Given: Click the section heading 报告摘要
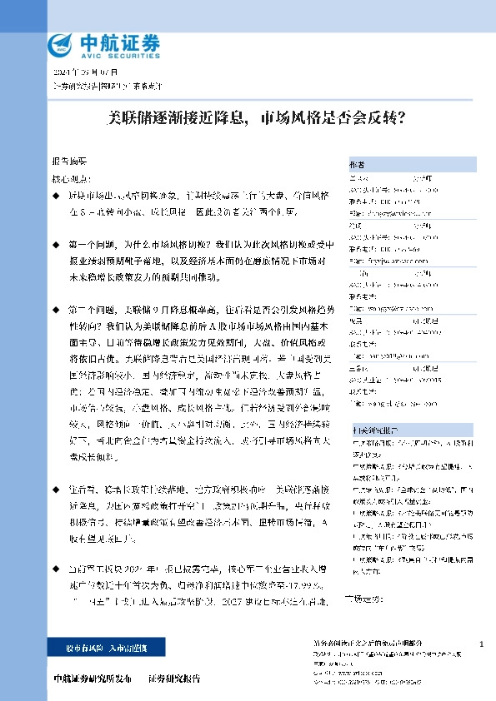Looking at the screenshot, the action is point(69,162).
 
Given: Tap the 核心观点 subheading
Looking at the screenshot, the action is point(69,178).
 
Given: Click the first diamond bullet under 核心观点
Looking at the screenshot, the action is point(56,195).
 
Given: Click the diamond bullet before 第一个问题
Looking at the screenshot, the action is point(56,246).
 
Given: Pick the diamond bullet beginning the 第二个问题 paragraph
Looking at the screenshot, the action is point(56,308).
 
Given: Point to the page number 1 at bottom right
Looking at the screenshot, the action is point(482,645).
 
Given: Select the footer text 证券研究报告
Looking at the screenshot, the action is point(174,679).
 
